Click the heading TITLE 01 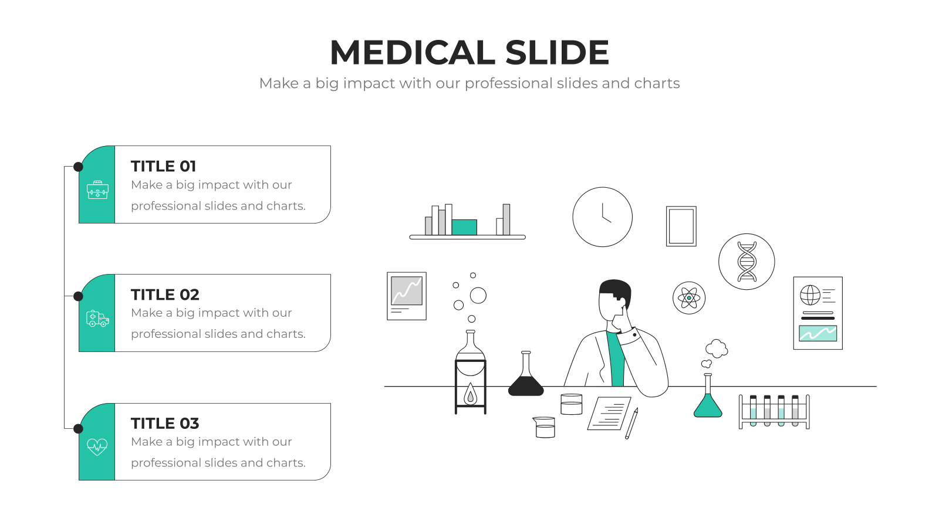tap(164, 167)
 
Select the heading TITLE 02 tap(165, 295)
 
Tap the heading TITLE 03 tap(165, 423)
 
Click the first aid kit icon tap(97, 190)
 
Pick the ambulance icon tap(97, 319)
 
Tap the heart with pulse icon tap(97, 446)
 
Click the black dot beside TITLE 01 tap(78, 167)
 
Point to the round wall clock tap(602, 217)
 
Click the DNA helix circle tap(747, 262)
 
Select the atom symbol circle tap(689, 298)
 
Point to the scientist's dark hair tap(616, 289)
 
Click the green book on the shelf tap(464, 227)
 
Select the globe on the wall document tap(810, 295)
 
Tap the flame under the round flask tap(470, 394)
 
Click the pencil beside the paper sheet tap(631, 423)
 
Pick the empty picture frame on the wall tap(681, 226)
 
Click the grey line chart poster tap(407, 296)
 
